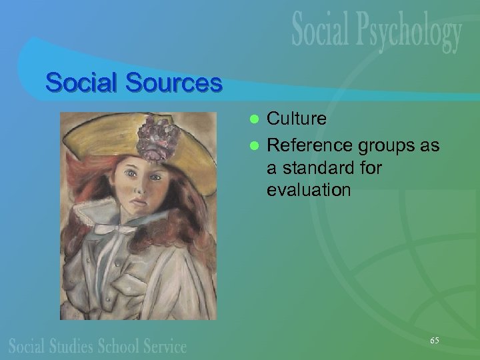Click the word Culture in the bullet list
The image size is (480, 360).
pyautogui.click(x=297, y=119)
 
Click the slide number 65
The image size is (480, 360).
pyautogui.click(x=434, y=341)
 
